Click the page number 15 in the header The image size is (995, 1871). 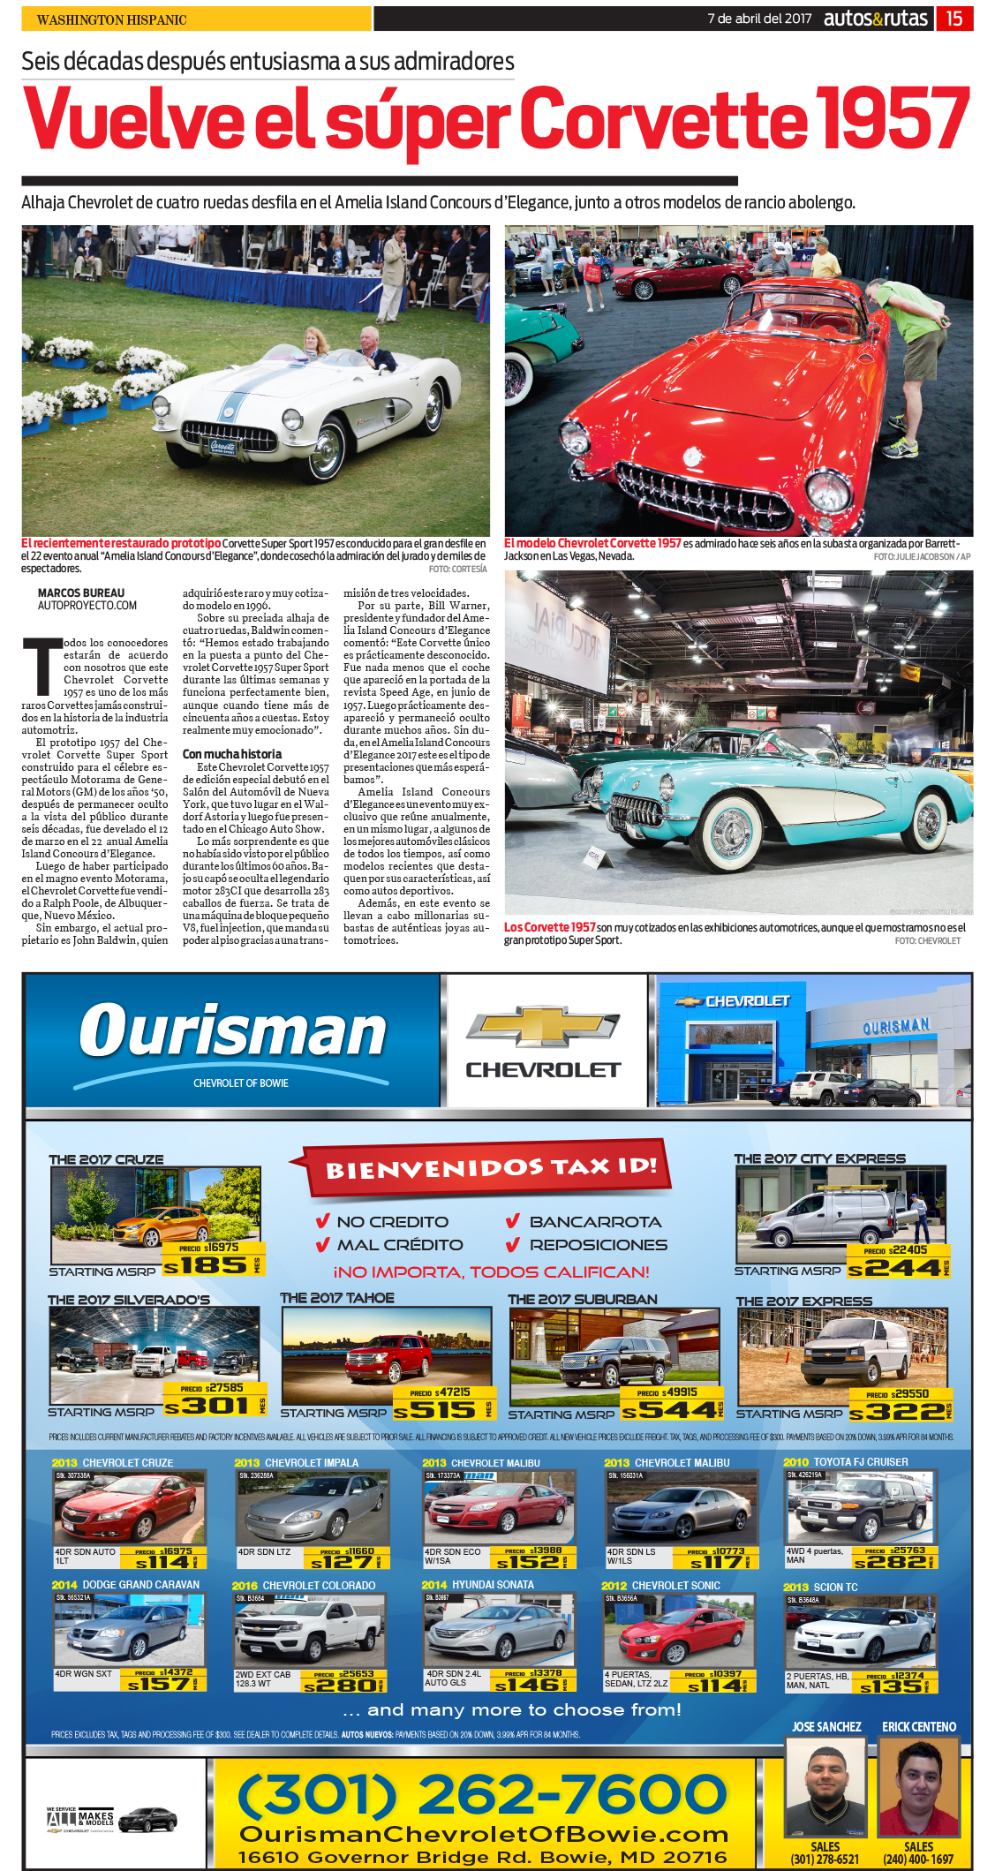coord(954,19)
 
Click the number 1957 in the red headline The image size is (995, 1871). coord(893,120)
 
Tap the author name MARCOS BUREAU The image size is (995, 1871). coord(81,593)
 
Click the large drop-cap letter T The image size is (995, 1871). coord(39,668)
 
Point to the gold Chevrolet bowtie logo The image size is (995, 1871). coord(543,1027)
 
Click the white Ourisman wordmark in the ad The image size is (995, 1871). coord(233,1031)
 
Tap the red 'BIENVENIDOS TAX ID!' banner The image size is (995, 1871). coord(491,1167)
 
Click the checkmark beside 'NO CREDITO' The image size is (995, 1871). coord(322,1222)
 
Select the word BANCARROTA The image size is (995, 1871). coord(595,1222)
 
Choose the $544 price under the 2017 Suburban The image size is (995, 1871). coord(669,1411)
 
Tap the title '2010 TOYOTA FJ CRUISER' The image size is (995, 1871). coord(846,1462)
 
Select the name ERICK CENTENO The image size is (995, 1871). coord(919,1727)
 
